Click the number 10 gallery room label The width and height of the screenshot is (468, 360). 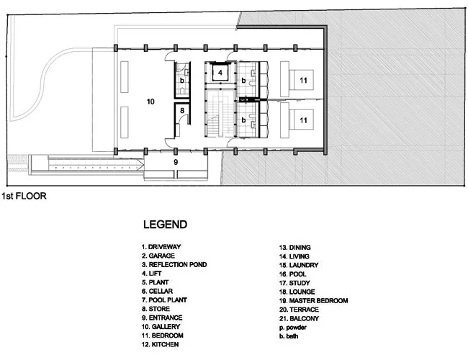click(x=150, y=102)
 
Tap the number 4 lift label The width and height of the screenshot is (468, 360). click(x=220, y=73)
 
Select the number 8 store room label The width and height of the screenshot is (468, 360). click(x=182, y=111)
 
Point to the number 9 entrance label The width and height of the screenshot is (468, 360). click(x=176, y=162)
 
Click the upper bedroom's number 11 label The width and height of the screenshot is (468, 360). click(x=303, y=81)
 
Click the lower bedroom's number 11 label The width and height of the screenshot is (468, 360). click(x=303, y=120)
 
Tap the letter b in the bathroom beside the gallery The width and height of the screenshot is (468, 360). click(x=181, y=81)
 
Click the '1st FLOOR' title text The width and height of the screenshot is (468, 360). click(x=24, y=196)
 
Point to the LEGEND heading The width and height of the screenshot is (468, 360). click(x=165, y=225)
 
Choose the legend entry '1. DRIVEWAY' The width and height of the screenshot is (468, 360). click(x=161, y=247)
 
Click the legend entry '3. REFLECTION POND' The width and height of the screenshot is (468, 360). click(x=174, y=265)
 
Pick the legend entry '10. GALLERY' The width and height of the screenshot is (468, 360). click(x=161, y=327)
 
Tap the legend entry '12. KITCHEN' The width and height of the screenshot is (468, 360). click(x=161, y=344)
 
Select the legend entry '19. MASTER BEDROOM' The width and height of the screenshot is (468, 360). click(x=314, y=300)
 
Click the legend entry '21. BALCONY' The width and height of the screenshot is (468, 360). click(x=299, y=318)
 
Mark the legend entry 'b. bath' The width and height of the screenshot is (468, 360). click(x=289, y=336)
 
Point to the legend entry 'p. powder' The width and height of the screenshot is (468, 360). click(x=293, y=328)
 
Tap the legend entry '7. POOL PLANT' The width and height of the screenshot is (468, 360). click(x=164, y=300)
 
